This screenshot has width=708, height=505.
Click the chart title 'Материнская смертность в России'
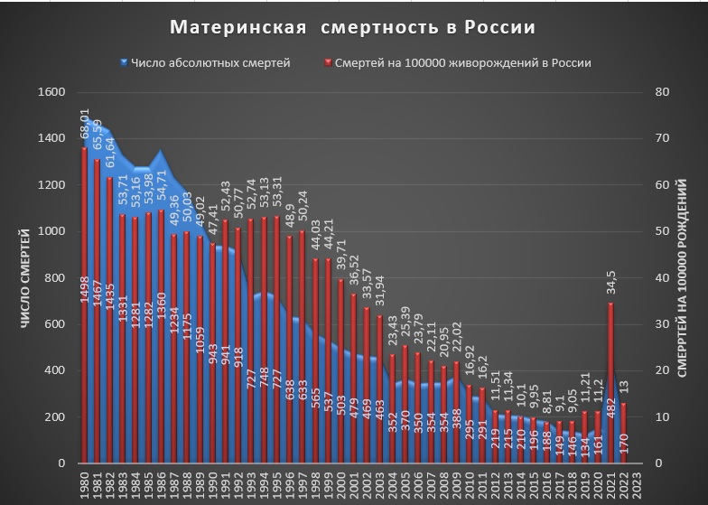[355, 27]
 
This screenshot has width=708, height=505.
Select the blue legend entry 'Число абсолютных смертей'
[205, 63]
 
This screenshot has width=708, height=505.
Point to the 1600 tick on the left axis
[54, 92]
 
